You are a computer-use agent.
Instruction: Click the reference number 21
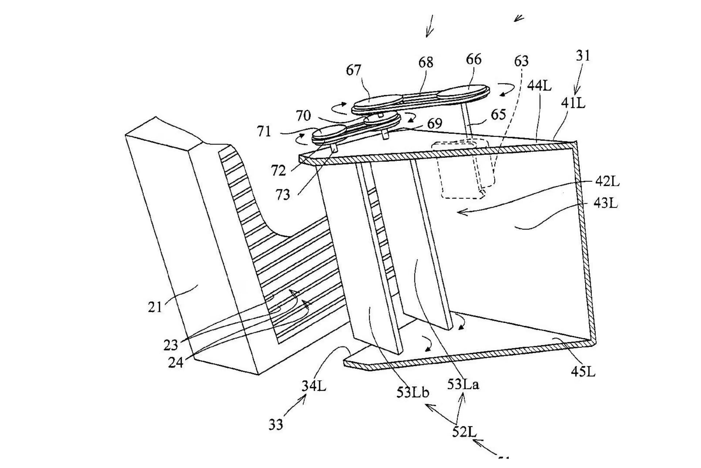click(154, 307)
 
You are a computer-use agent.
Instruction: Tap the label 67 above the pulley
click(353, 70)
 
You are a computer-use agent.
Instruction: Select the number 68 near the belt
click(426, 63)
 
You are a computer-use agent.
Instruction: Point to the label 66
click(474, 59)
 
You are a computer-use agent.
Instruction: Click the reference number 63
click(521, 61)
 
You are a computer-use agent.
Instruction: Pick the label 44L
click(539, 86)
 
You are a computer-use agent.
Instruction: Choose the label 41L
click(573, 103)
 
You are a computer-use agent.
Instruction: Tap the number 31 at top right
click(583, 56)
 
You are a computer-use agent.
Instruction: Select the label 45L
click(583, 371)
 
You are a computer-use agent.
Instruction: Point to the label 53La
click(463, 384)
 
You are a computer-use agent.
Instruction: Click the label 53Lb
click(413, 392)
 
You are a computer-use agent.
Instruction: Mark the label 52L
click(464, 432)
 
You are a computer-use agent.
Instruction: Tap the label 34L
click(314, 386)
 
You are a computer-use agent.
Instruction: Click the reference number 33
click(276, 424)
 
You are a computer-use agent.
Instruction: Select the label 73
click(283, 195)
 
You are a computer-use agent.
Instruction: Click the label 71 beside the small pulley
click(264, 131)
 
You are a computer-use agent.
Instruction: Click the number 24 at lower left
click(175, 362)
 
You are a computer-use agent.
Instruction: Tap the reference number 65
click(498, 114)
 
